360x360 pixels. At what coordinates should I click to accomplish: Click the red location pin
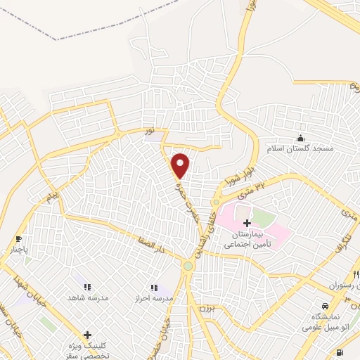181,165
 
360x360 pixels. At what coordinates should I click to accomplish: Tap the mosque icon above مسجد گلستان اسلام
301,138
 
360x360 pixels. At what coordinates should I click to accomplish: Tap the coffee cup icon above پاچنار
18,238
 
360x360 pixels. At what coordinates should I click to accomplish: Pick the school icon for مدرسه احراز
154,287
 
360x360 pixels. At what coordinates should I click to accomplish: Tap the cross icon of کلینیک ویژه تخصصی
87,335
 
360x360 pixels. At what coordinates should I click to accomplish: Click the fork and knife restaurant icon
356,274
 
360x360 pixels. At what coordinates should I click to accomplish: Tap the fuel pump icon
340,352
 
